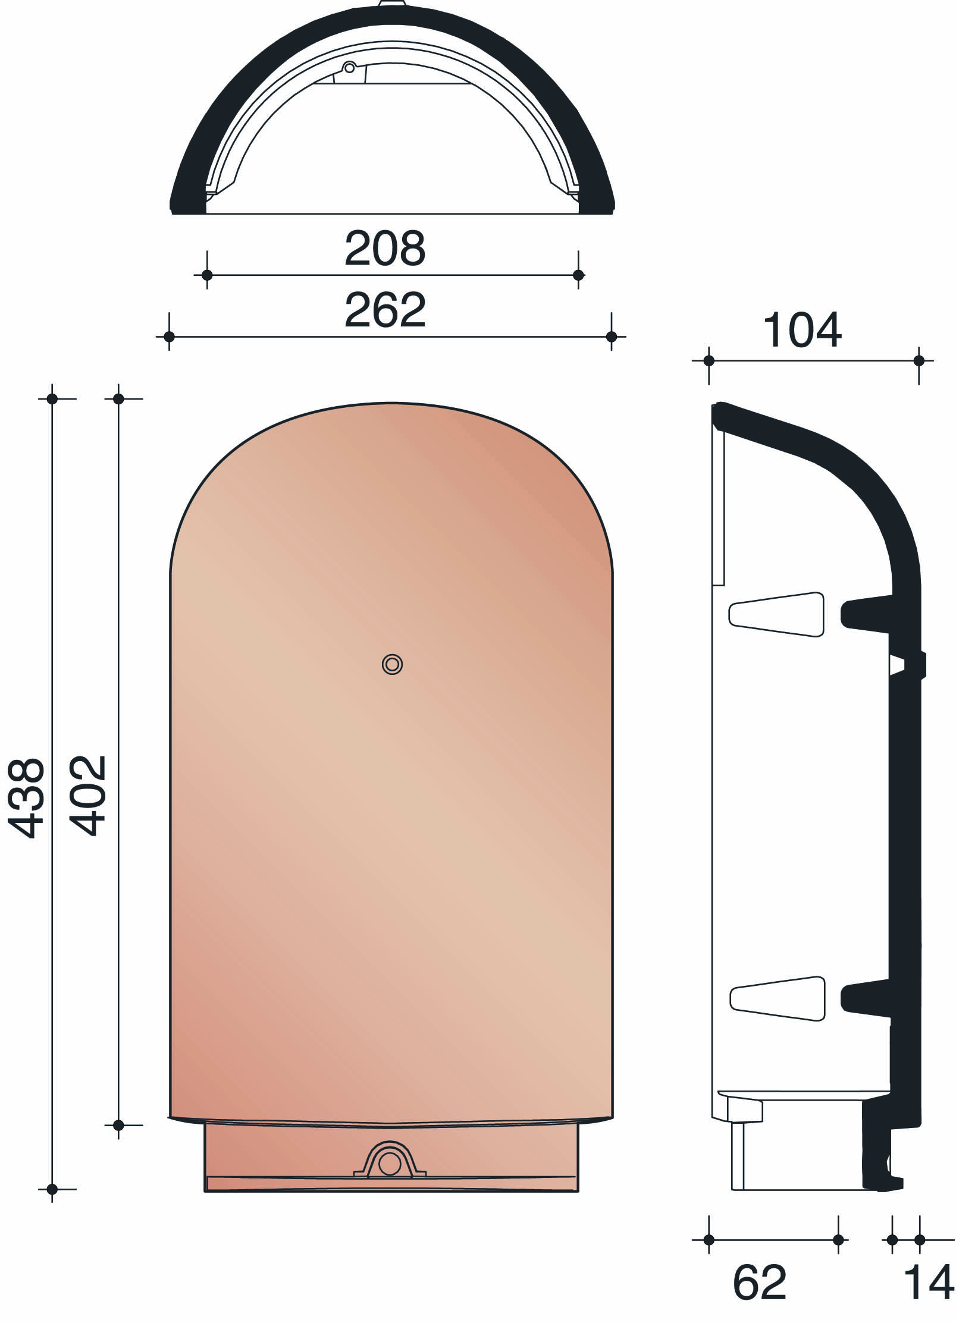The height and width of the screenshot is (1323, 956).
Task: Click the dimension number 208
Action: (x=385, y=249)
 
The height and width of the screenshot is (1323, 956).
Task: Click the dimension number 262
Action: (x=385, y=310)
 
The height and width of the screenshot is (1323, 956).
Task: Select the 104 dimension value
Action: (x=802, y=331)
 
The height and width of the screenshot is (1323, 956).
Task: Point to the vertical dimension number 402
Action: (x=88, y=796)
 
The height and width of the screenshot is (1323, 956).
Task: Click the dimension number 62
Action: (x=760, y=1283)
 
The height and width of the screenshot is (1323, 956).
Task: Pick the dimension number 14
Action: (x=929, y=1283)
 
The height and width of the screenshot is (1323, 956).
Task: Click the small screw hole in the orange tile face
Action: (x=392, y=664)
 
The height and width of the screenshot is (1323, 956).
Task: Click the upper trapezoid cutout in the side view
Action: (x=776, y=615)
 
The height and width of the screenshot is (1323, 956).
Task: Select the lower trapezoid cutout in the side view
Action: (x=777, y=999)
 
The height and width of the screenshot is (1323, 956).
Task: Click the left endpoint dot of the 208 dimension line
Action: (x=207, y=275)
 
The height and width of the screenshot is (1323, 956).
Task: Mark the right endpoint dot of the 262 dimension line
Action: (x=612, y=337)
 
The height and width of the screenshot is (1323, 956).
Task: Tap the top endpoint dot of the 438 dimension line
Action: (x=52, y=398)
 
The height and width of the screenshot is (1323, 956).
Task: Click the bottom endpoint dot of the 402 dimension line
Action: (x=118, y=1125)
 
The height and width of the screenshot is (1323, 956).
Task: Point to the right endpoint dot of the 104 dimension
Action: (x=919, y=361)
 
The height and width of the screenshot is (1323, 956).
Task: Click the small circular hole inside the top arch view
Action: (x=350, y=68)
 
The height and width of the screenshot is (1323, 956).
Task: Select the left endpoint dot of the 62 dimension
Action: (x=709, y=1240)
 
